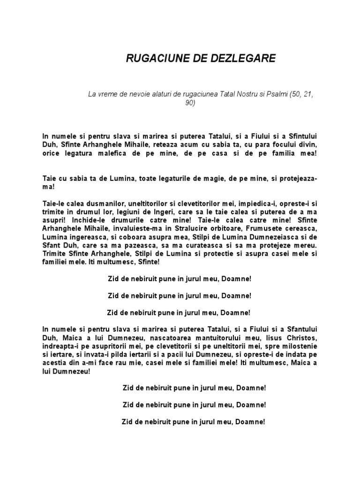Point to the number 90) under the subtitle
tap(190, 103)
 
